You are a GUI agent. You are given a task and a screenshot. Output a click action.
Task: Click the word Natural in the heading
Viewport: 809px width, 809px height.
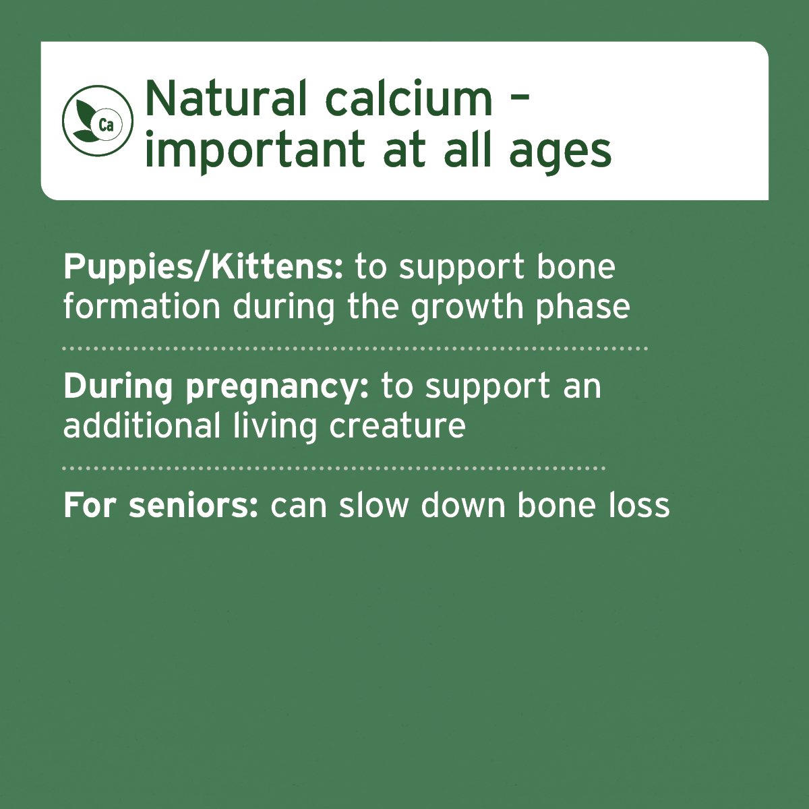(218, 98)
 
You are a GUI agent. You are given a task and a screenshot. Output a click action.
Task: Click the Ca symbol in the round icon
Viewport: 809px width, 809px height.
(106, 124)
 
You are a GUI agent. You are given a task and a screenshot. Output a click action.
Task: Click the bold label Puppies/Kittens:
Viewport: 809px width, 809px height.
(203, 268)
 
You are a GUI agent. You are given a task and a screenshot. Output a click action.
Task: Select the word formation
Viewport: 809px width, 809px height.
(142, 307)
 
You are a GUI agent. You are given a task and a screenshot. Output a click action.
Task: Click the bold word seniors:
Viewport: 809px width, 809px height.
(193, 506)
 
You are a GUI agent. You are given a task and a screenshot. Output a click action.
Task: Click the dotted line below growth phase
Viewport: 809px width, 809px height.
(355, 349)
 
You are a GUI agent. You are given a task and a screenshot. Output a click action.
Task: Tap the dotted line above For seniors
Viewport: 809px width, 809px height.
(334, 468)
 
